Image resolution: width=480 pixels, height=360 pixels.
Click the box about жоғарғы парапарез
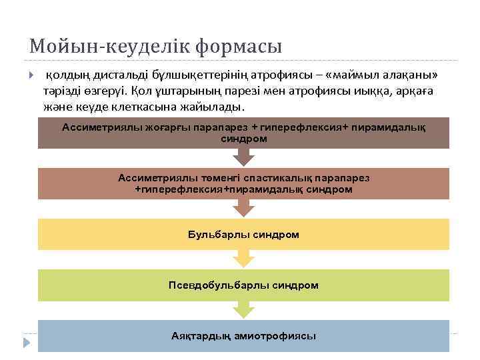click(243, 133)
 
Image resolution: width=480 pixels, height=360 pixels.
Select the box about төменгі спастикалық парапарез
click(243, 183)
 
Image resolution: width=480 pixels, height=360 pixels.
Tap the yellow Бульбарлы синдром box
click(243, 235)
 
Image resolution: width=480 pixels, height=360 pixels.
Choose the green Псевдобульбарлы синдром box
click(243, 285)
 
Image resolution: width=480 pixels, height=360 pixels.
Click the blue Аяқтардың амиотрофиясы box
click(243, 336)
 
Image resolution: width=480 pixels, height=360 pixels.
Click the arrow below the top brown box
click(243, 157)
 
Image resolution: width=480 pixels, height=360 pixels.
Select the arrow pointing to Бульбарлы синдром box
click(243, 208)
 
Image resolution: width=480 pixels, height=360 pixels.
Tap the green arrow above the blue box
click(243, 309)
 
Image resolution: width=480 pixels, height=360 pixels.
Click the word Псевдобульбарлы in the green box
click(211, 285)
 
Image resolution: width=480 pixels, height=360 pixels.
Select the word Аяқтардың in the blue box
click(201, 336)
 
